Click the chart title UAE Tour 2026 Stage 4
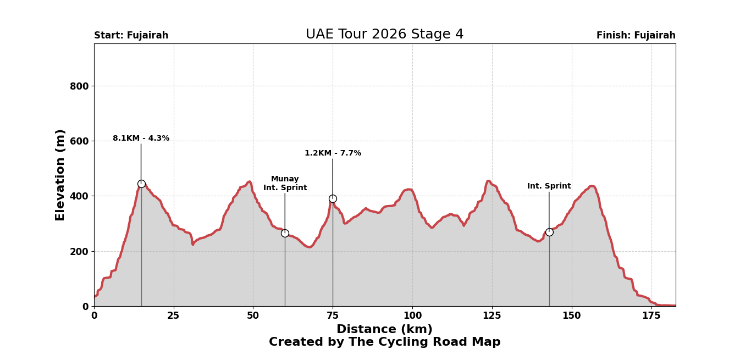coord(384,35)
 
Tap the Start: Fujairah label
coord(131,36)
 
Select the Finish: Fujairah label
coord(636,36)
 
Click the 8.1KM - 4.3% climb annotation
coord(141,139)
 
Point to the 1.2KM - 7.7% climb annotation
coord(333,153)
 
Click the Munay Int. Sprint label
coord(285,184)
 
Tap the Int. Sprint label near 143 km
coord(549,186)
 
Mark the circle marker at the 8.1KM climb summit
coord(141,184)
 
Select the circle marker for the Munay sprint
coord(285,233)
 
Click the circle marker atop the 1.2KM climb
coord(333,198)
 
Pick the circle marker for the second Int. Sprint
coord(549,232)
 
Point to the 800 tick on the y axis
coord(79,86)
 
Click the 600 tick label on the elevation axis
coord(79,141)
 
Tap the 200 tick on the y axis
coord(79,251)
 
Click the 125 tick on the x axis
coord(492,316)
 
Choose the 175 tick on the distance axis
coord(651,316)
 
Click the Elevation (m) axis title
coord(60,175)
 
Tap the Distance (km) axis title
coord(384,329)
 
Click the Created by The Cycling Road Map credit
coord(384,342)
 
